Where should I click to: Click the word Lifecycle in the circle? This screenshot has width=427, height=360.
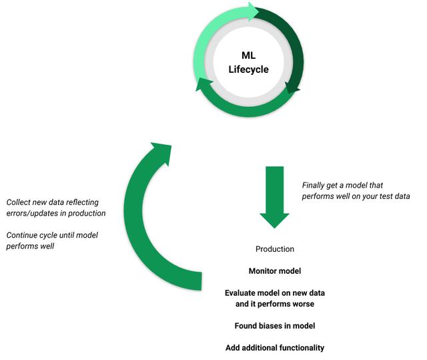pyautogui.click(x=248, y=69)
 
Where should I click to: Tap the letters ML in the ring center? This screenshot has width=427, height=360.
pyautogui.click(x=248, y=55)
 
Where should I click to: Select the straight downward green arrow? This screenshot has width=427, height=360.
pyautogui.click(x=274, y=197)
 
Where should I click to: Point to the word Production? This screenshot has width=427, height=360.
pyautogui.click(x=275, y=249)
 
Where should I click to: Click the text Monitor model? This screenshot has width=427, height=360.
pyautogui.click(x=275, y=271)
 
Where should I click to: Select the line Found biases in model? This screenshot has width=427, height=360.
pyautogui.click(x=275, y=326)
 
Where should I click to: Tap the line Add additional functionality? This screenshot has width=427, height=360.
pyautogui.click(x=275, y=348)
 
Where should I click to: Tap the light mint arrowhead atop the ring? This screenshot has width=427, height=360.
pyautogui.click(x=254, y=12)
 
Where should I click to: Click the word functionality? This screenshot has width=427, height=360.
pyautogui.click(x=302, y=348)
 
